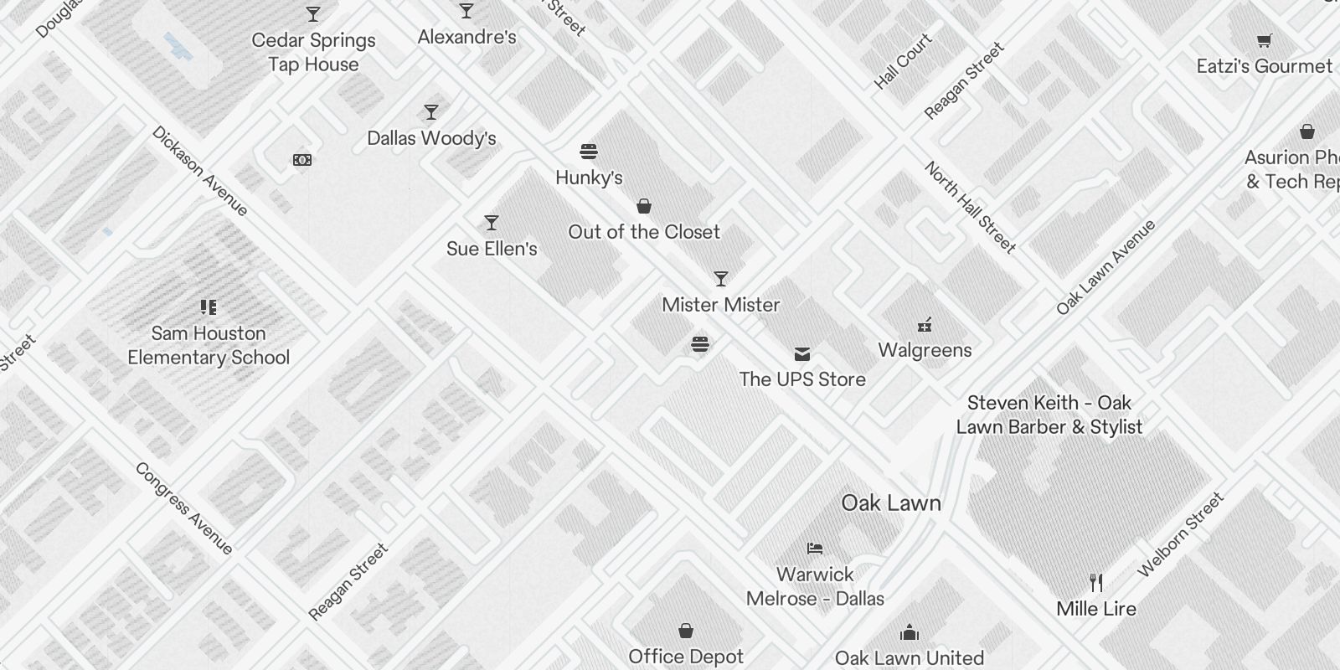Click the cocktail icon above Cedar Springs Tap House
pyautogui.click(x=313, y=14)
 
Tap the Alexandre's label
pyautogui.click(x=466, y=37)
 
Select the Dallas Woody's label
pyautogui.click(x=431, y=138)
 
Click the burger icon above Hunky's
pyautogui.click(x=589, y=152)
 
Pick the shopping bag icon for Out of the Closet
pyautogui.click(x=644, y=206)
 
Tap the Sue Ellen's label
pyautogui.click(x=492, y=249)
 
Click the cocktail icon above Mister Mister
pyautogui.click(x=721, y=279)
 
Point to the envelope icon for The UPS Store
pyautogui.click(x=802, y=354)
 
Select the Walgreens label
pyautogui.click(x=925, y=350)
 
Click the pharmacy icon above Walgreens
pyautogui.click(x=925, y=325)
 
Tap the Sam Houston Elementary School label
pyautogui.click(x=209, y=345)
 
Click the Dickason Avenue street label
pyautogui.click(x=200, y=172)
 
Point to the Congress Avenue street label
pyautogui.click(x=183, y=508)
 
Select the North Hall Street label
pyautogui.click(x=970, y=208)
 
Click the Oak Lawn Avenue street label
pyautogui.click(x=1105, y=268)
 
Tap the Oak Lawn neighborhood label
pyautogui.click(x=891, y=502)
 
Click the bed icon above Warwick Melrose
pyautogui.click(x=815, y=549)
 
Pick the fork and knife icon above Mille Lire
pyautogui.click(x=1096, y=582)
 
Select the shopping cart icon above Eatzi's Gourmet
pyautogui.click(x=1265, y=40)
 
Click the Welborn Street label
pyautogui.click(x=1181, y=535)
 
